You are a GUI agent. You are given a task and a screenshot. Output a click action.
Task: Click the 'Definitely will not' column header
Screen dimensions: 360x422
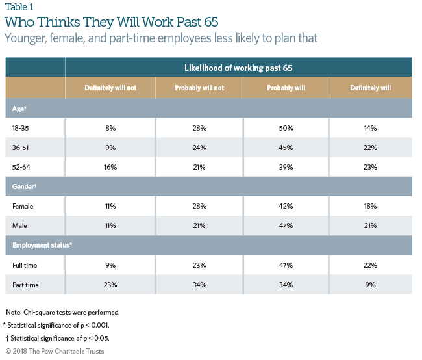[x=110, y=88]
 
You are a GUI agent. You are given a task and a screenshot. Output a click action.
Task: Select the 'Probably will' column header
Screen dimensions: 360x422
[x=286, y=88]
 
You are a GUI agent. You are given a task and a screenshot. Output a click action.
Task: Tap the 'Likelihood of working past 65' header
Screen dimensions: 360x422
[x=238, y=68]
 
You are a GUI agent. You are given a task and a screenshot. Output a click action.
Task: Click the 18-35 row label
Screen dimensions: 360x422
[x=21, y=129]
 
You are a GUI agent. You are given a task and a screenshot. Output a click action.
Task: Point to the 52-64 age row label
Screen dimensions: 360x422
[x=21, y=167]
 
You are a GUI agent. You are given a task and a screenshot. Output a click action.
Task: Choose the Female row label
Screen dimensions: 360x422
[x=23, y=206]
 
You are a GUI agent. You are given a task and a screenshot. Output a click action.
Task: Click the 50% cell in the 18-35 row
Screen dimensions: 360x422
[x=286, y=129]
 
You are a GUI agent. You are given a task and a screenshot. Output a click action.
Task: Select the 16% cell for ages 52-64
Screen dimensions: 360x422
[x=110, y=167]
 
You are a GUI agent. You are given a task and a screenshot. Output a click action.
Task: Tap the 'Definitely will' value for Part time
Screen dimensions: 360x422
[x=371, y=284]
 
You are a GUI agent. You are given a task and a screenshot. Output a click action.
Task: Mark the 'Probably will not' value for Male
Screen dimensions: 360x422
[x=199, y=225]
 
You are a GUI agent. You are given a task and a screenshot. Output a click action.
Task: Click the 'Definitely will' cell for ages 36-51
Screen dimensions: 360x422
[x=371, y=148]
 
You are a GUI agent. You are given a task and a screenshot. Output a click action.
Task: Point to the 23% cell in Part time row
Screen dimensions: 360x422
[x=110, y=284]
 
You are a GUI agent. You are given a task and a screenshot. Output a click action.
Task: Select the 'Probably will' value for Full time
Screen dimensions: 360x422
[x=286, y=265]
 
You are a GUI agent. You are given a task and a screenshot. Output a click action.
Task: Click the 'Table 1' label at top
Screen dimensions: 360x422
[x=19, y=7]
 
